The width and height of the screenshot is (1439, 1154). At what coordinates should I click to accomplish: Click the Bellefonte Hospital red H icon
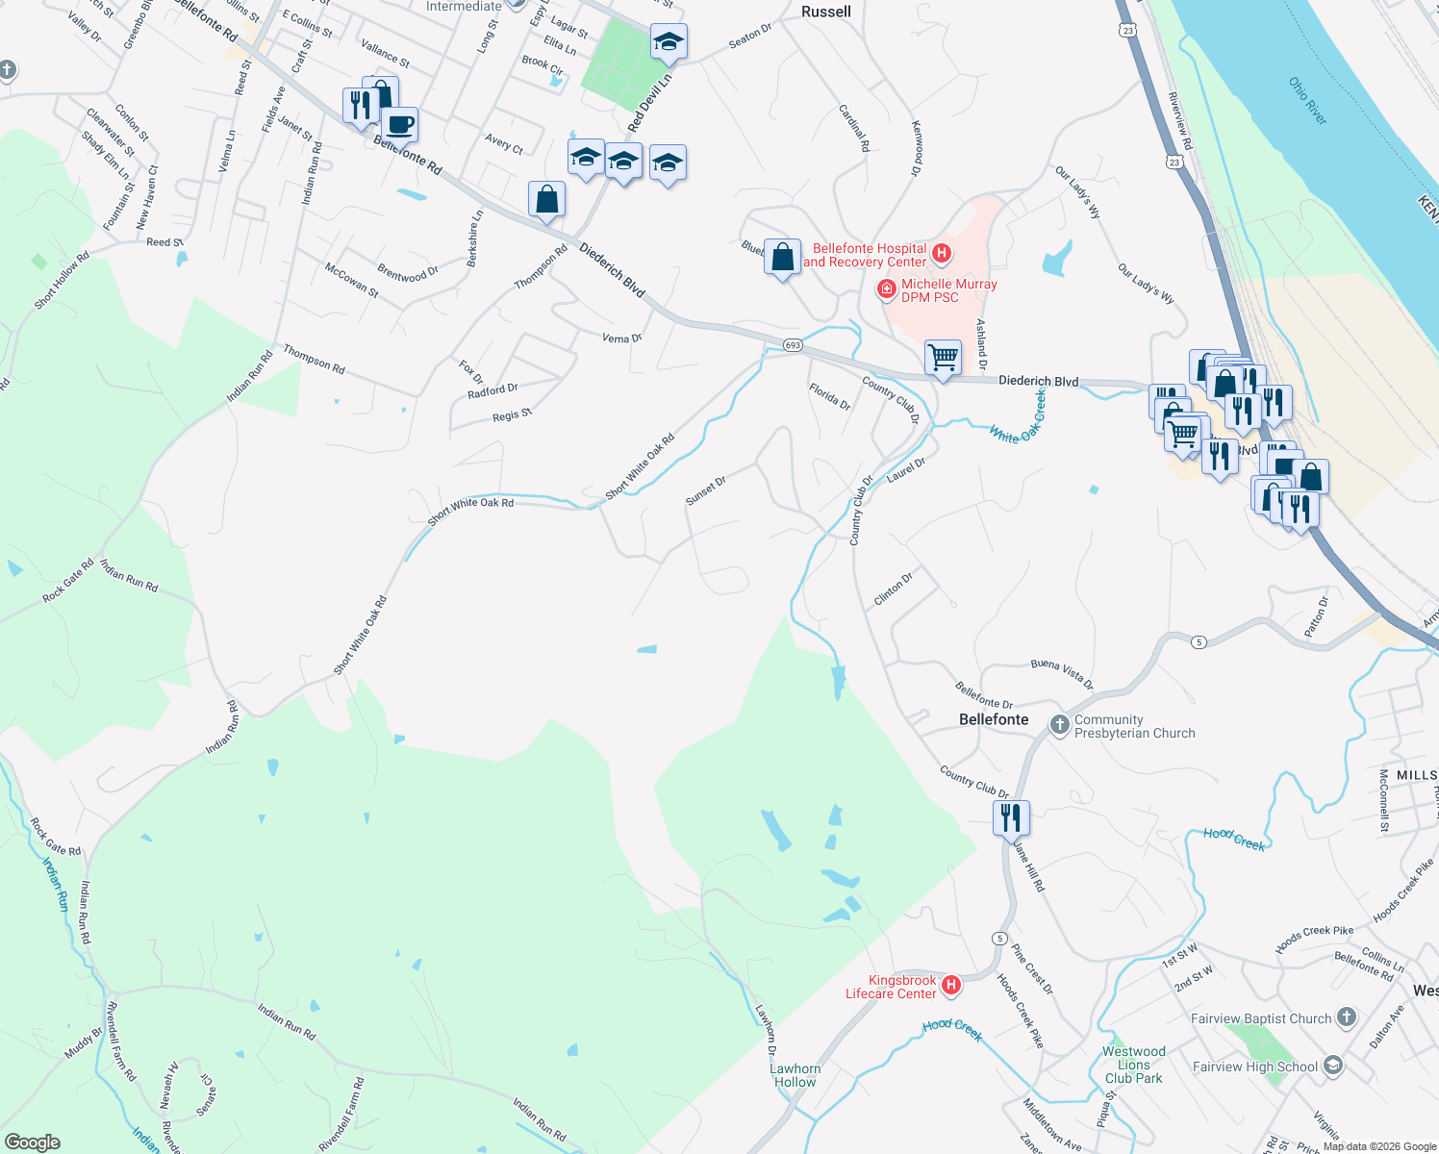click(x=943, y=254)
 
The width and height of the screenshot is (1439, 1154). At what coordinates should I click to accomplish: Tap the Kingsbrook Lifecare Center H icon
click(x=951, y=985)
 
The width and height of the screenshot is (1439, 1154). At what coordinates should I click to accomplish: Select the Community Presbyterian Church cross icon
click(x=1059, y=725)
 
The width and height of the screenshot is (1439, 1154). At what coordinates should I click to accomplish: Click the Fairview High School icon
click(x=1332, y=1066)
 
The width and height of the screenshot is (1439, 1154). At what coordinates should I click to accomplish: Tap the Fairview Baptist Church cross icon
click(x=1347, y=1017)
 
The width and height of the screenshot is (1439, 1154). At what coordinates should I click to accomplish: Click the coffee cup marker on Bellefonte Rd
click(x=399, y=124)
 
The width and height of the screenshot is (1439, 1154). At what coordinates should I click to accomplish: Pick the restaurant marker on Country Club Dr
click(x=1011, y=817)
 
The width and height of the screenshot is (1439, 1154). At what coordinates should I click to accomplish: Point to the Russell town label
click(x=826, y=12)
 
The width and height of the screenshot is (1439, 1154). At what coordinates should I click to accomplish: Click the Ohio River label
click(x=1308, y=101)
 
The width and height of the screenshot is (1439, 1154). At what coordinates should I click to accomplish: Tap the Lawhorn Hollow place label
click(x=795, y=1075)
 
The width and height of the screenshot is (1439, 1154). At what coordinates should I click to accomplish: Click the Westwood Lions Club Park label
click(x=1134, y=1065)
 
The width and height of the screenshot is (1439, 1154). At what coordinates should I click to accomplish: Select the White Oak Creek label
click(x=1019, y=417)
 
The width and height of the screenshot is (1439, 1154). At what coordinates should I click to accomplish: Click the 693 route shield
click(x=792, y=345)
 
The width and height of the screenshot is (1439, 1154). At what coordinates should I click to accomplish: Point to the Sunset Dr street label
click(x=705, y=490)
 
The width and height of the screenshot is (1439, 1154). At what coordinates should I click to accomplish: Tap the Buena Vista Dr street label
click(x=1062, y=673)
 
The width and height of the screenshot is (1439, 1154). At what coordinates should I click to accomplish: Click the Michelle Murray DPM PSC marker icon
click(x=887, y=289)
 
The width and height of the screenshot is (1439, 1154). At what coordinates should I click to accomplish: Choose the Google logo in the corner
click(x=33, y=1142)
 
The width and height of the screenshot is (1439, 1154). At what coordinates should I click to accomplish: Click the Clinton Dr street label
click(x=893, y=589)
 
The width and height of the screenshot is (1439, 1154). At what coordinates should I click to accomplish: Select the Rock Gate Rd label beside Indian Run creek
click(x=55, y=837)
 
